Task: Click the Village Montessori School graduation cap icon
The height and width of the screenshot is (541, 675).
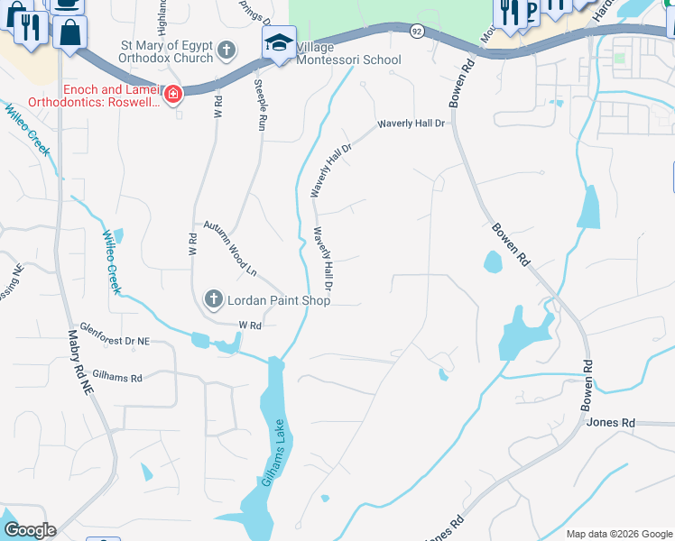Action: coord(280,42)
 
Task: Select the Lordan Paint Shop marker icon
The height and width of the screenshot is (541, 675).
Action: coord(213,299)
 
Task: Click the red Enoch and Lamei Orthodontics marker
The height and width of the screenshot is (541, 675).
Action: coord(172,94)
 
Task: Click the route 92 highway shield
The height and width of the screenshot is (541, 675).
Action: coord(415,31)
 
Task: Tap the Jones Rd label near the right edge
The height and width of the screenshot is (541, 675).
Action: coord(611,422)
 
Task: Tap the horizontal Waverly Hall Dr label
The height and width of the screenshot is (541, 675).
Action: coord(411,123)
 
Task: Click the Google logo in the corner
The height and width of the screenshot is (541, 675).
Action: coord(29,530)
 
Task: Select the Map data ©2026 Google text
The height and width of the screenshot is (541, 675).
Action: coord(619,534)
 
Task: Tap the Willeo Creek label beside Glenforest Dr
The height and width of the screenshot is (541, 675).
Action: coord(111,262)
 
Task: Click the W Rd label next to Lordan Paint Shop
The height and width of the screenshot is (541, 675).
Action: coord(249,325)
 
